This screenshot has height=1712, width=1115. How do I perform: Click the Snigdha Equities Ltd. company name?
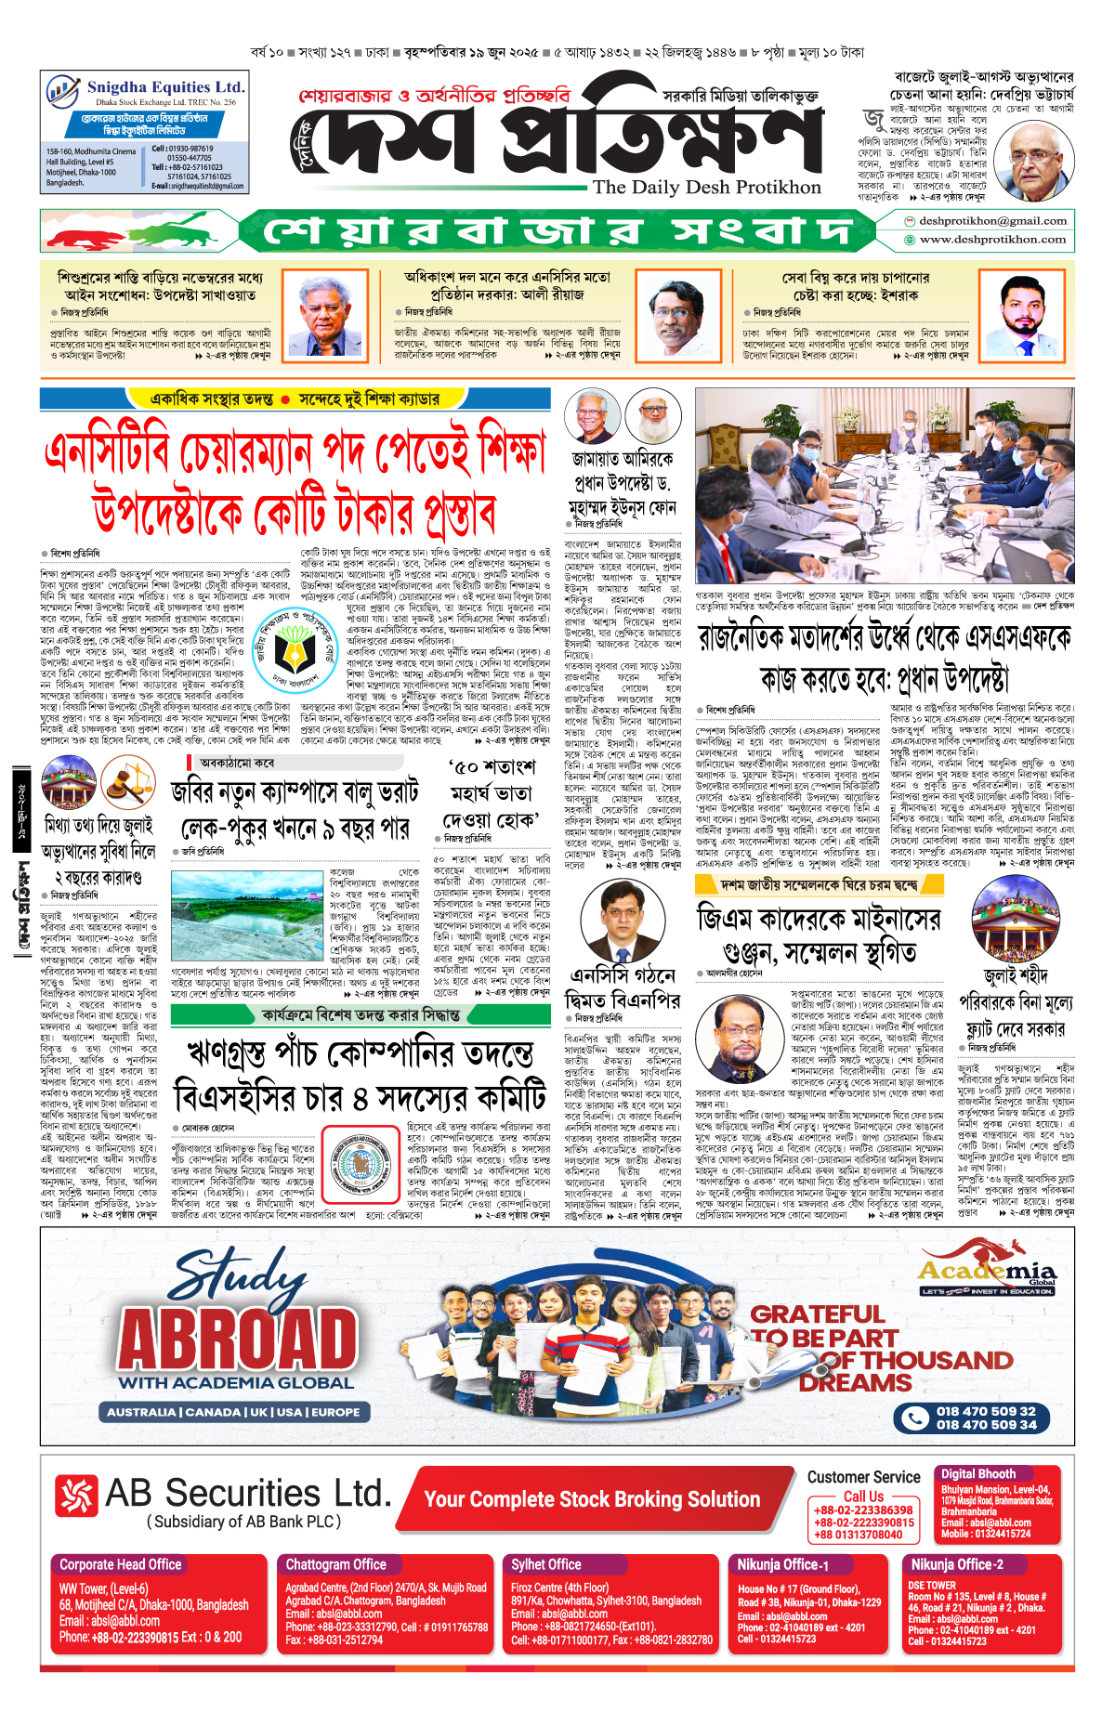coord(165,87)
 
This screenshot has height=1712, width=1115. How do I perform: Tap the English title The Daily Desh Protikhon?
coord(706,187)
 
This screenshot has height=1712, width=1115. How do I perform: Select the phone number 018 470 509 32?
coord(986,1411)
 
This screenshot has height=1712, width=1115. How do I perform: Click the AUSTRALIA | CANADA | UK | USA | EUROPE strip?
coord(233,1412)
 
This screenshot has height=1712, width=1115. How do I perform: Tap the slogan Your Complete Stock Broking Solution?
coord(592,1499)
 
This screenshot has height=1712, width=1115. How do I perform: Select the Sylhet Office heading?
coord(545,1564)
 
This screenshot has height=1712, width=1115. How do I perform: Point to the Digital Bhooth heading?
coord(977,1474)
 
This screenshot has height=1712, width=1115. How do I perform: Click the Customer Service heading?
coord(863,1477)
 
